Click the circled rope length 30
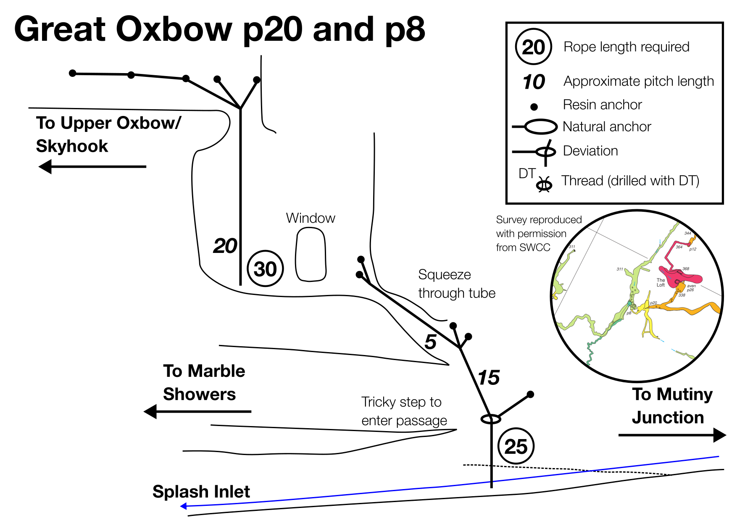coord(266,268)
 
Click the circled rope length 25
coord(516,446)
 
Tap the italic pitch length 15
coord(489,378)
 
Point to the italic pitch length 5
coord(430,342)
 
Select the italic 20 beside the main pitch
coord(225,246)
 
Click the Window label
coord(311,218)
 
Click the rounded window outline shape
coord(311,255)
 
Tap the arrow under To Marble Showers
coord(197,411)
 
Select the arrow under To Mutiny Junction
coord(672,435)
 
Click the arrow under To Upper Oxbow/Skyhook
coord(92,167)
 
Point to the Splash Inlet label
coord(201,492)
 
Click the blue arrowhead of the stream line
coord(184,506)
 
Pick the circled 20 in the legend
coord(533,47)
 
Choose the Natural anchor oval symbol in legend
coord(540,126)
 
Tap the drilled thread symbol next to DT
coord(545,184)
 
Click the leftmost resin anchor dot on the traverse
coord(73,74)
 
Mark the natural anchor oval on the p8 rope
coord(491,419)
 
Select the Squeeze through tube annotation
coord(457,284)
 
